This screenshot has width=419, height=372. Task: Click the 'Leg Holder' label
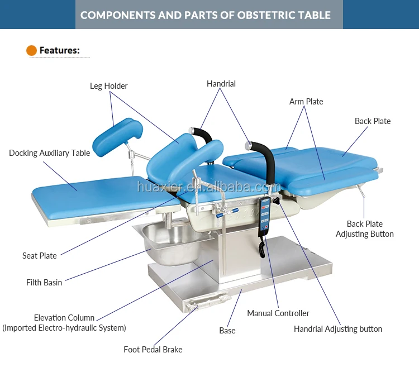pos(108,86)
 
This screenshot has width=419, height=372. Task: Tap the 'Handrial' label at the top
pos(221,84)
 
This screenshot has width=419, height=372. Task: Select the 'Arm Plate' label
pos(306,102)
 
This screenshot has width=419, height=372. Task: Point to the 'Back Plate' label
pos(373,121)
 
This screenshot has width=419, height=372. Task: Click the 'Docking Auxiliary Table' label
pos(49,153)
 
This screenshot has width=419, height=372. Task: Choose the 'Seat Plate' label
pos(40,256)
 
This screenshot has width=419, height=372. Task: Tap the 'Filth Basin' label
pos(44,283)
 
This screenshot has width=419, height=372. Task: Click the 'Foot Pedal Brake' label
pos(153,350)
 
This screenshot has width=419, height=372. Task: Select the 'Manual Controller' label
pos(278,313)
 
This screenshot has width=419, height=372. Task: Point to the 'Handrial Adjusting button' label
pos(338,329)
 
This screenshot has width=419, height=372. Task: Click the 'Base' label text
pos(227,331)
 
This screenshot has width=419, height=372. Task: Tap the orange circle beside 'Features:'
pos(32,51)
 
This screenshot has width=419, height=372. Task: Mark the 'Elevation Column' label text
pos(64,318)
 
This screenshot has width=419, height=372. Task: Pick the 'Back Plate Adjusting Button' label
pos(365,229)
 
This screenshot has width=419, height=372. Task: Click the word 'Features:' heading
pos(60,51)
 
